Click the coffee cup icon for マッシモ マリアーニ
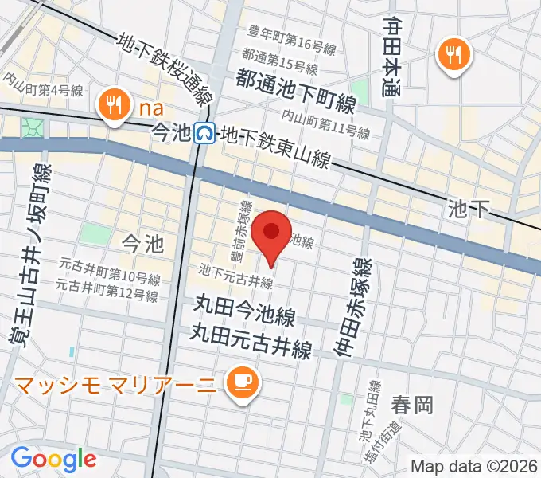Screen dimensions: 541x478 [x=239, y=383]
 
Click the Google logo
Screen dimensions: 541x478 [x=53, y=459]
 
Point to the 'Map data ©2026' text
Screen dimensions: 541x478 [x=474, y=466]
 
